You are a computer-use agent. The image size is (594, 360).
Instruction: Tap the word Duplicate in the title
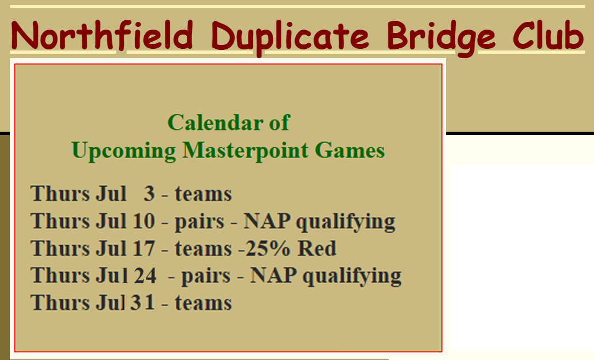pos(290,37)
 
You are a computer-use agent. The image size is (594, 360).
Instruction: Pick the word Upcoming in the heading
pos(123,151)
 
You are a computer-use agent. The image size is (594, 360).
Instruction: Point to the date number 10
pos(143,221)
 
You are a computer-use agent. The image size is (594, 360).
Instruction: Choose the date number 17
pos(143,248)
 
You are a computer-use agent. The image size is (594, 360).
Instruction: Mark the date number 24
pos(144,275)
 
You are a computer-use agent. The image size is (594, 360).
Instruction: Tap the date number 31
pos(143,302)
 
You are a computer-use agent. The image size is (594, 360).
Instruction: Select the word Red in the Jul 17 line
pos(317,248)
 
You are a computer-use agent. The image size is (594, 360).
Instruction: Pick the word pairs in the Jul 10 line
pos(200,222)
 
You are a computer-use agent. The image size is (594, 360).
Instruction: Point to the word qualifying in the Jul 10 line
pos(346,222)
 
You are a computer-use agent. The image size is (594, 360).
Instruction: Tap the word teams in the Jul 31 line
pos(203,303)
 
